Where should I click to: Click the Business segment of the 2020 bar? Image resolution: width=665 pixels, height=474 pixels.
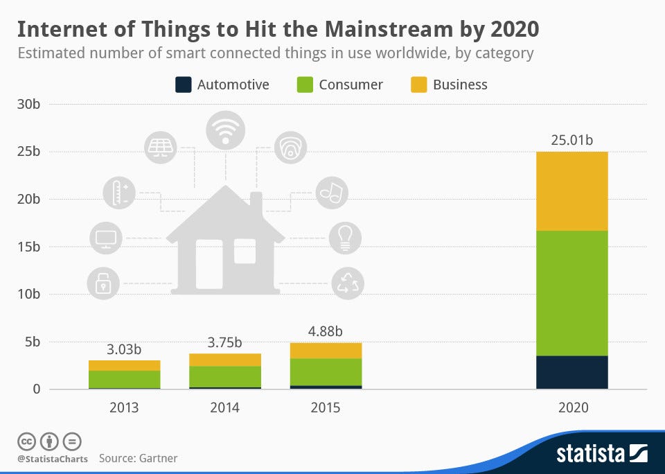(x=571, y=191)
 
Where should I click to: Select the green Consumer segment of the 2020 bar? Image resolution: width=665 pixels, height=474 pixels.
(x=571, y=293)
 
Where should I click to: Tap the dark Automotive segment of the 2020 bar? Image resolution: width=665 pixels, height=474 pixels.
(x=571, y=372)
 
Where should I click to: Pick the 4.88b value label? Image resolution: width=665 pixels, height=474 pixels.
(x=326, y=331)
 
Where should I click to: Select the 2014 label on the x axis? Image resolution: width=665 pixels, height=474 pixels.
(x=224, y=407)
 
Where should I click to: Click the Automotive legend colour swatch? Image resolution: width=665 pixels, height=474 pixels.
(x=183, y=85)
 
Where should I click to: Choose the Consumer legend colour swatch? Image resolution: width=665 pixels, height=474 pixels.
(x=304, y=85)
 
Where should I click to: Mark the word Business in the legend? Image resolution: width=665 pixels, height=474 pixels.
(x=460, y=85)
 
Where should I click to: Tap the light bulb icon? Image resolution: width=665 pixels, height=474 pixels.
(x=344, y=238)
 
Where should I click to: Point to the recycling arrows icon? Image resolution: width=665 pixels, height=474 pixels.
(x=346, y=283)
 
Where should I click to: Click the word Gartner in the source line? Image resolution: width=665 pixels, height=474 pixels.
(x=157, y=458)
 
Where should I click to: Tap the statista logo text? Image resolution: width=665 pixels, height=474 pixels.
(x=589, y=454)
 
